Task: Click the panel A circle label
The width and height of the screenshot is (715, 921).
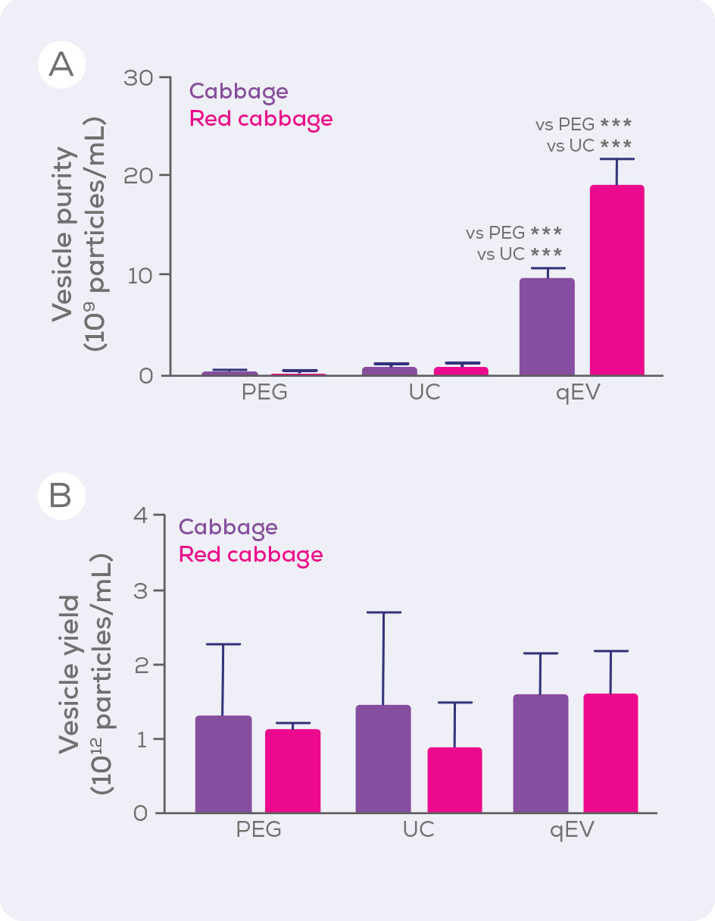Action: coord(61,64)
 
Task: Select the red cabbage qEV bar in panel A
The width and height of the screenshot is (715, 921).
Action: coord(617,280)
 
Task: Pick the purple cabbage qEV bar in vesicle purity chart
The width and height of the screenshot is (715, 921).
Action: coord(547,327)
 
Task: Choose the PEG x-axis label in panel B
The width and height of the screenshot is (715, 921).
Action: coord(258,829)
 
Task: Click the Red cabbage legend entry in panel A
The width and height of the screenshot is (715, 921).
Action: coord(261,119)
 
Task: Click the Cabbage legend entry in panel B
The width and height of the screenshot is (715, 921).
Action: coord(228,527)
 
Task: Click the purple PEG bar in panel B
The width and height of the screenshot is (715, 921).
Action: coord(223,764)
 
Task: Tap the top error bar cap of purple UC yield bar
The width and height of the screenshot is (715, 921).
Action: coord(383,612)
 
